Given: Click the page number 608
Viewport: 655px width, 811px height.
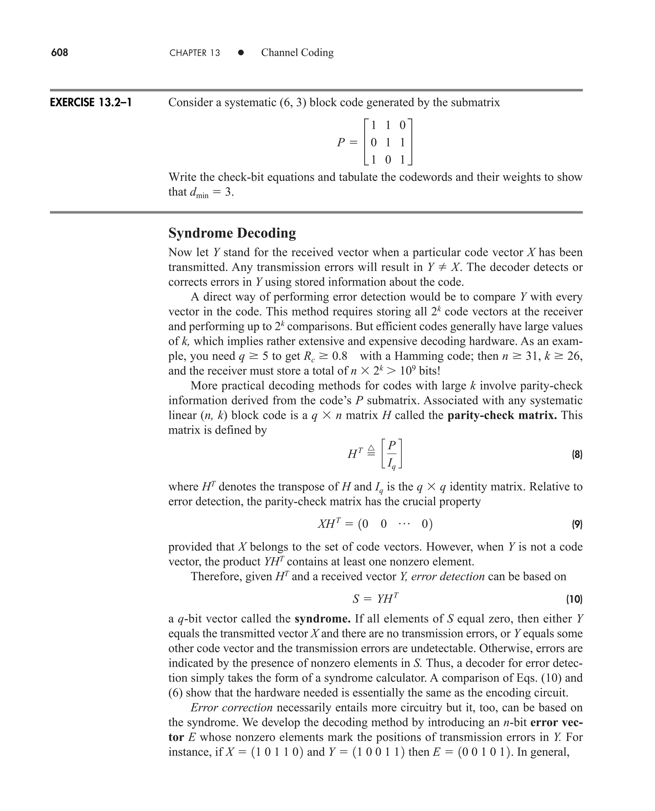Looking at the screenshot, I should click(59, 52).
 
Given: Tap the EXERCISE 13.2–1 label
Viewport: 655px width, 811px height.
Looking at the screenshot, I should click(91, 103).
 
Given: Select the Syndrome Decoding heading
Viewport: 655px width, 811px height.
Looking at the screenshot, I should click(232, 233).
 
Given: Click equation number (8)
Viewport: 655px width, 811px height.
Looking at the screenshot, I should click(577, 454).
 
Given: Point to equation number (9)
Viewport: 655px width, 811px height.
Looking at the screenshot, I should click(577, 524).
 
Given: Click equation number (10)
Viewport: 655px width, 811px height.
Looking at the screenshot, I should click(574, 599).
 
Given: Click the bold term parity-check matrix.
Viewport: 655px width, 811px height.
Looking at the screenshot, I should click(502, 416).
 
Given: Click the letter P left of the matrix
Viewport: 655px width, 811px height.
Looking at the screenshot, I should click(341, 142).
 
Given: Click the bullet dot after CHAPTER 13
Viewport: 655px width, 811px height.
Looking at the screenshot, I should click(241, 53).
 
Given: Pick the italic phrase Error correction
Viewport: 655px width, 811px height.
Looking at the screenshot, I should click(231, 708).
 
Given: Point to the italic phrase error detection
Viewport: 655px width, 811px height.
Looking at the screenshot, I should click(447, 576).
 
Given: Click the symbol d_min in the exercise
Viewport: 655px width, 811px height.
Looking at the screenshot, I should click(199, 193).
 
